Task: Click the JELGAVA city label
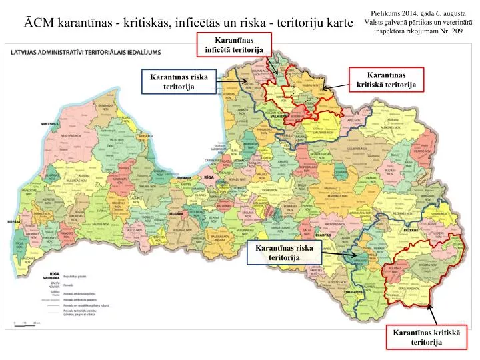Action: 176,213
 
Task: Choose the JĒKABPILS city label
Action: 323,235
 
